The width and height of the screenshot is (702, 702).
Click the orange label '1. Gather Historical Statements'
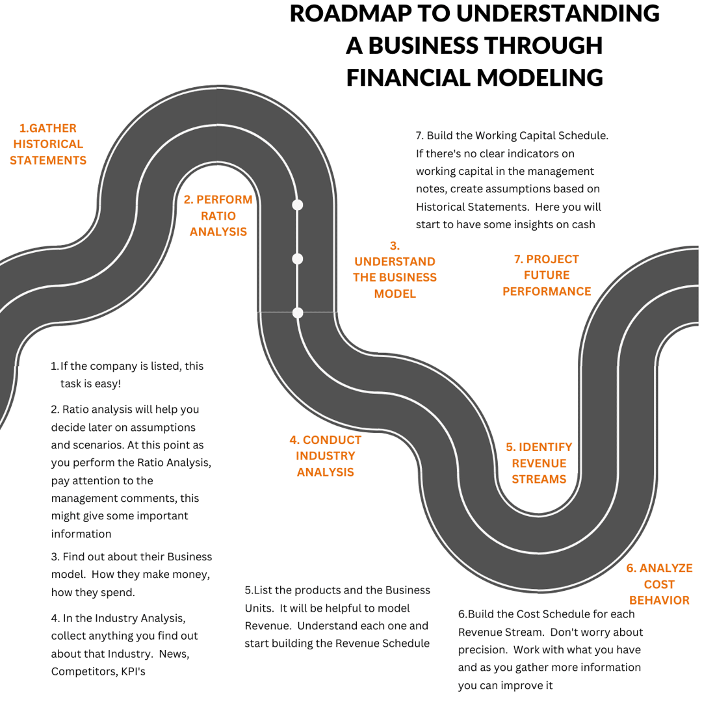pos(48,144)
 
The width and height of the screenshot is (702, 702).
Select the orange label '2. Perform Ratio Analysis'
pos(218,215)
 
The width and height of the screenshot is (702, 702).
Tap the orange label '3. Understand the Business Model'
pos(395,270)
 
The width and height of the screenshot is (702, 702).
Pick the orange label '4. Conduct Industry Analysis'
pos(326,456)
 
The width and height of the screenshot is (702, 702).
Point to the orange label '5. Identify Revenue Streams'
pos(539,463)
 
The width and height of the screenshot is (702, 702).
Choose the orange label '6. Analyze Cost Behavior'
pos(659,584)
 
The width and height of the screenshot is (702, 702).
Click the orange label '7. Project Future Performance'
pos(547,275)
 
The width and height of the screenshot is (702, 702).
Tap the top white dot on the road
pos(297,205)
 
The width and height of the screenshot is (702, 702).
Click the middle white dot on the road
pos(297,259)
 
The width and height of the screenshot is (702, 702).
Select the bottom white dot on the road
pos(297,313)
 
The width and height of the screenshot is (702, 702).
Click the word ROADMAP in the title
pos(350,14)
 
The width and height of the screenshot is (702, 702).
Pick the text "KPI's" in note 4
pos(133,671)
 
